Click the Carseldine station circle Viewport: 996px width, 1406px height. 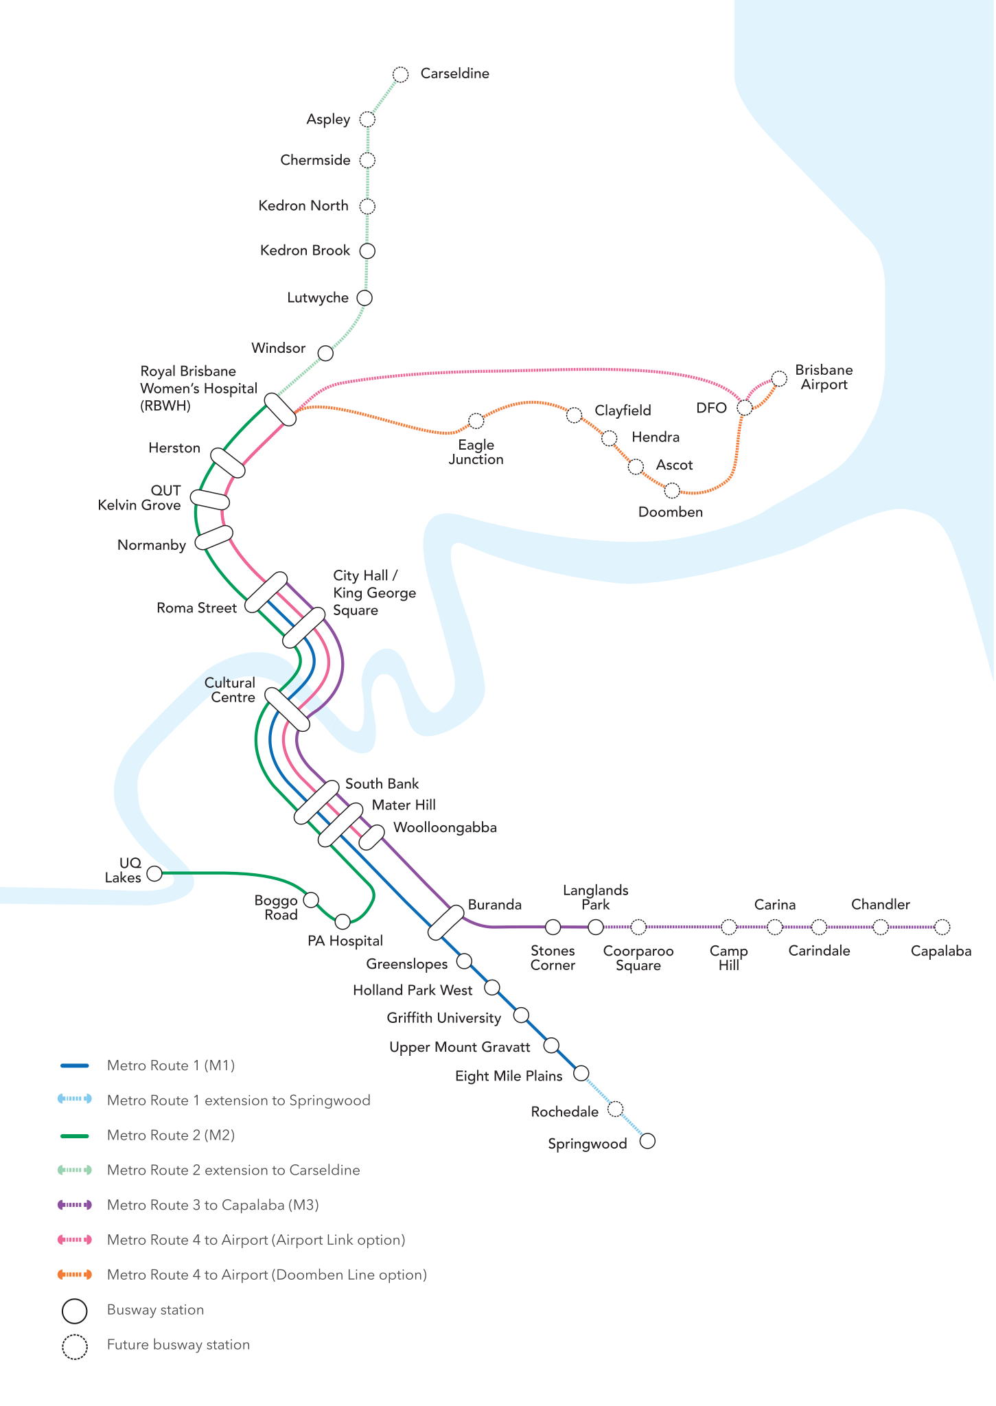pos(401,74)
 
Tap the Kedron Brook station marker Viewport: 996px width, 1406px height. pos(368,251)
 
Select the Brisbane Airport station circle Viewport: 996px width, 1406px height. pos(779,378)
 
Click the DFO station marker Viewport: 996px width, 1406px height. pos(744,408)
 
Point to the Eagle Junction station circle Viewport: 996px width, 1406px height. pos(476,420)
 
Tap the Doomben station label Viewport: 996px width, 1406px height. pos(670,512)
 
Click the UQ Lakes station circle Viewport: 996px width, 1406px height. pos(155,873)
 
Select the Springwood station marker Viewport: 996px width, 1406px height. pos(647,1141)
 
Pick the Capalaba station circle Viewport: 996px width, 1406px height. pos(942,927)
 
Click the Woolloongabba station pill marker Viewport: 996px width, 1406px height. pos(372,837)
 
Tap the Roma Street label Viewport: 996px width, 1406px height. pos(196,608)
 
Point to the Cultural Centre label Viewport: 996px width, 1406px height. pos(230,690)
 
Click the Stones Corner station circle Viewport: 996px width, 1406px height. pos(553,927)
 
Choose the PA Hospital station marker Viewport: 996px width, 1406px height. pos(343,921)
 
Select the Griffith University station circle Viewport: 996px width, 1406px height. pos(522,1015)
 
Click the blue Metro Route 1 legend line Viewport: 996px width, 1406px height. pos(75,1065)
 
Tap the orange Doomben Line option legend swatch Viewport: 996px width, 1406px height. pos(75,1275)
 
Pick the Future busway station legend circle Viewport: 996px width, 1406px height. pos(75,1346)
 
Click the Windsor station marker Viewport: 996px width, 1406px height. pos(325,354)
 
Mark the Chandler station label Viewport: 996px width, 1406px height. pos(880,905)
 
